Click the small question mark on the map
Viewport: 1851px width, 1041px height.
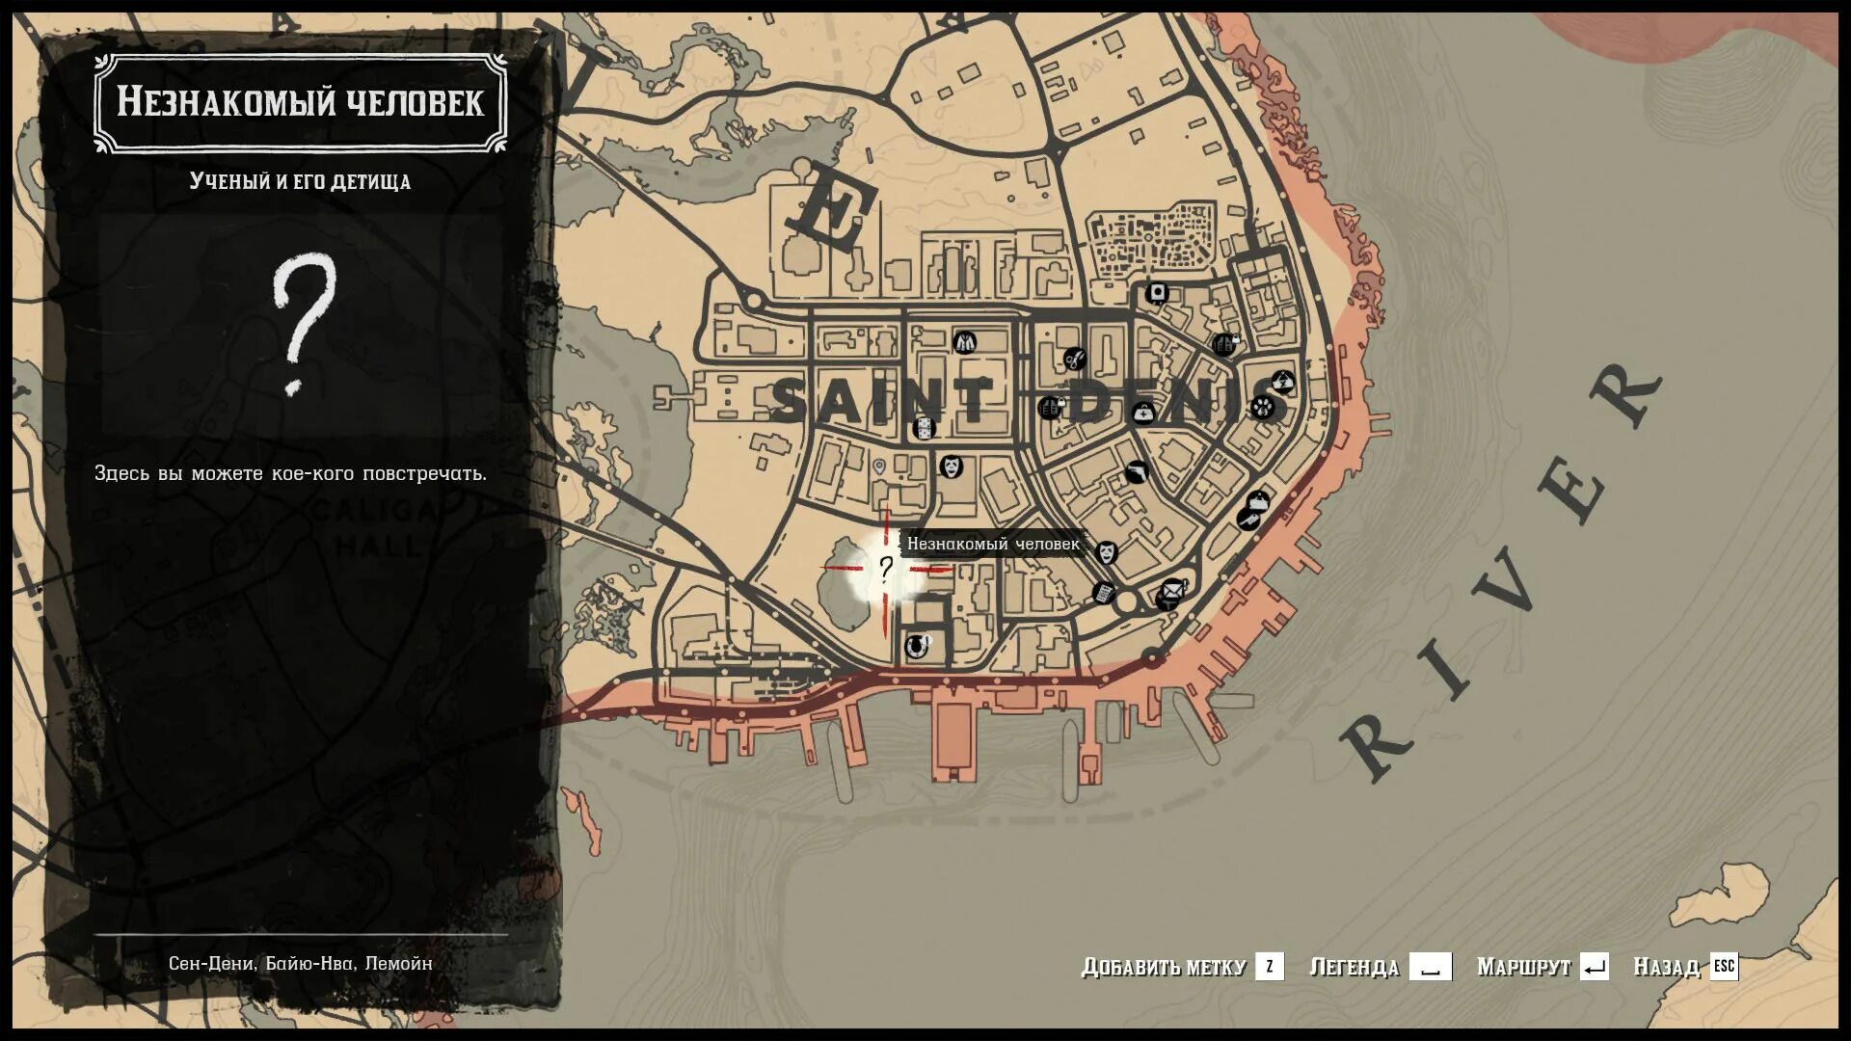[885, 569]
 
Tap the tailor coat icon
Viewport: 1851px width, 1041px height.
[964, 341]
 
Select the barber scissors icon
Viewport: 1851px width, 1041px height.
[1074, 360]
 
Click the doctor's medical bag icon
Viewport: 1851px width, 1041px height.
[1142, 414]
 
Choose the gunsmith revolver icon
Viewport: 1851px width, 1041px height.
[1137, 472]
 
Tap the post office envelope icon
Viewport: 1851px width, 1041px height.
[1170, 590]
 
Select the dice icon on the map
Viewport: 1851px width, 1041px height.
[924, 429]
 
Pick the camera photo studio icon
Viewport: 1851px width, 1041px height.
[1157, 293]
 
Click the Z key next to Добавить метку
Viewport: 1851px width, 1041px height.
[1269, 966]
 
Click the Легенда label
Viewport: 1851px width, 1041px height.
[1354, 967]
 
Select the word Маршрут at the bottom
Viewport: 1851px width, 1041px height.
[1523, 967]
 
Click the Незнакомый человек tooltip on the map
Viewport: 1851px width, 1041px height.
[993, 544]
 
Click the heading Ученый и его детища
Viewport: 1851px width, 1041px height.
[300, 181]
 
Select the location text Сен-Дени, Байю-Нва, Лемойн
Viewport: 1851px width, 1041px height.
[300, 963]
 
